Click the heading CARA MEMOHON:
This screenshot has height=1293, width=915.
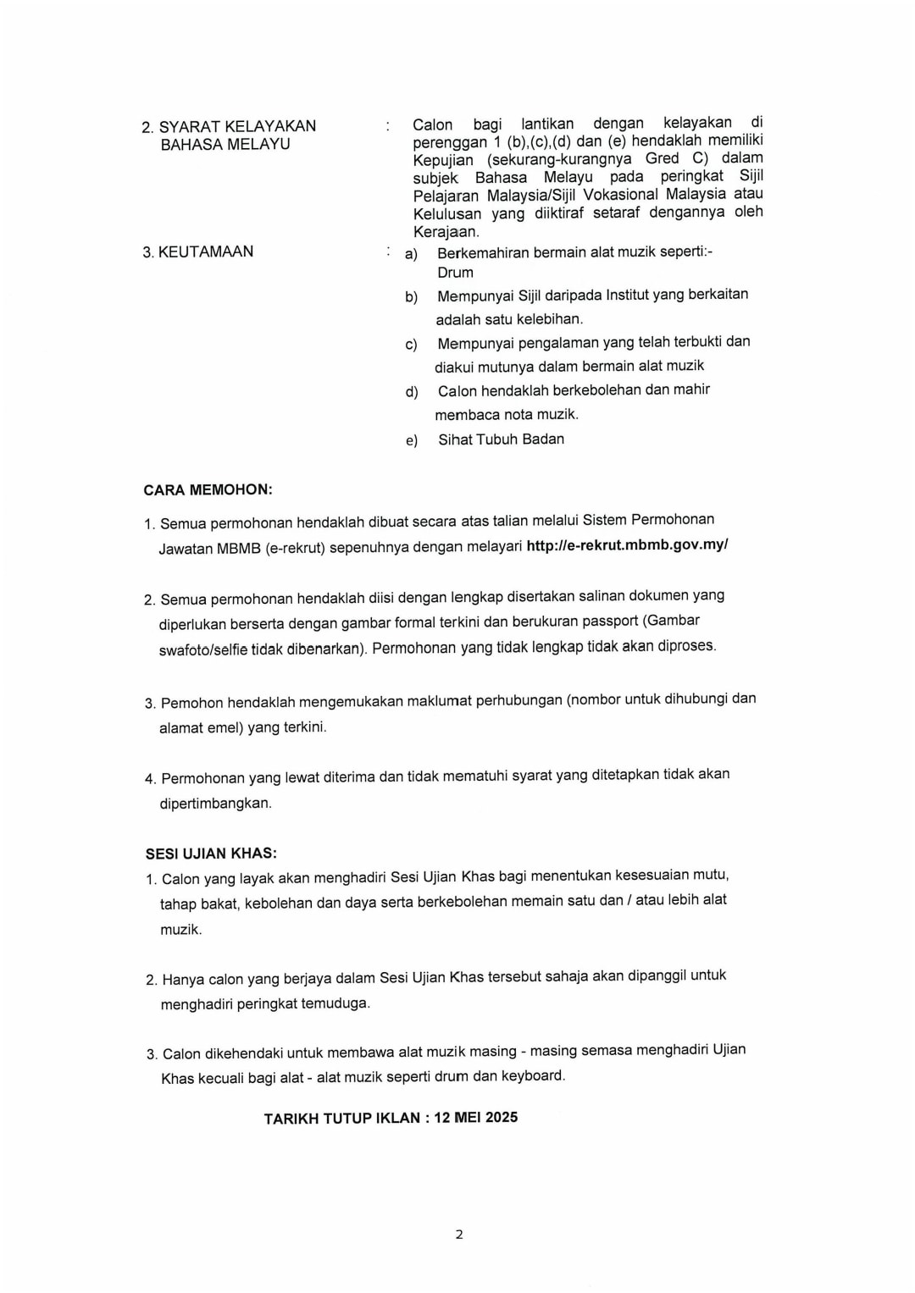tap(208, 489)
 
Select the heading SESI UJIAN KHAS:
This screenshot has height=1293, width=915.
tap(211, 854)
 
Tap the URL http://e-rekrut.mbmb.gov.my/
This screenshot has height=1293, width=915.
tap(627, 544)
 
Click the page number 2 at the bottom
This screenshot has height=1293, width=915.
tap(459, 1235)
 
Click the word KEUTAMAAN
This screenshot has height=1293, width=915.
tap(206, 251)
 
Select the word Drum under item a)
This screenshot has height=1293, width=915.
tap(455, 273)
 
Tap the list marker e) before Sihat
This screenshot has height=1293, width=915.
tap(412, 440)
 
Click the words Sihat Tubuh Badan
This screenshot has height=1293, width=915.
tap(501, 439)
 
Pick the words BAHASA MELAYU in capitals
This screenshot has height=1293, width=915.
tap(225, 145)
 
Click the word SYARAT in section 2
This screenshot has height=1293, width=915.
tap(189, 126)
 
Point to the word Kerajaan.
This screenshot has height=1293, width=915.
tap(446, 232)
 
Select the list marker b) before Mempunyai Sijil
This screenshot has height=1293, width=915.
tap(412, 297)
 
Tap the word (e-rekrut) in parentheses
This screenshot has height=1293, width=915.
tap(295, 548)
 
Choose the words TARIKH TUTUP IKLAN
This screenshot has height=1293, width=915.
tap(341, 1119)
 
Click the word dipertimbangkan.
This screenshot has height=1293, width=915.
tap(215, 803)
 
